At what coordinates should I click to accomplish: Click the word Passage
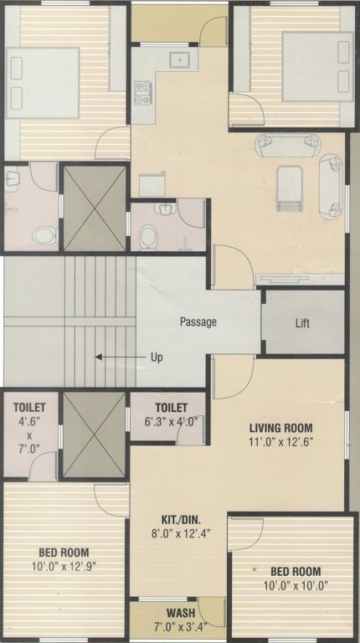coord(198,321)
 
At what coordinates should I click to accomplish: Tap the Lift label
coord(303,322)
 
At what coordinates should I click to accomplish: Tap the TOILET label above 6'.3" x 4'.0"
coord(170,408)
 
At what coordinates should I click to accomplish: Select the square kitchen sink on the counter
coord(177,59)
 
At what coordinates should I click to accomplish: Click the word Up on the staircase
coord(156,357)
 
